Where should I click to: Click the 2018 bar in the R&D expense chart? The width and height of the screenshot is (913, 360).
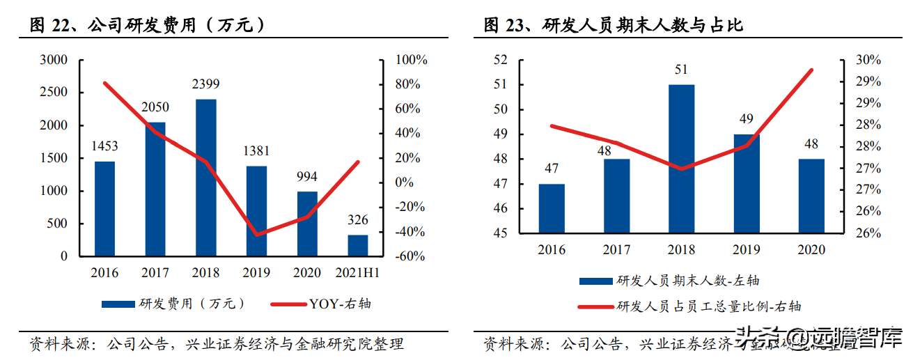coord(206,178)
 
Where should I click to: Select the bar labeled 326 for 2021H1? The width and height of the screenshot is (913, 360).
coord(358,245)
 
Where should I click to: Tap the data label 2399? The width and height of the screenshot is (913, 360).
coord(206,85)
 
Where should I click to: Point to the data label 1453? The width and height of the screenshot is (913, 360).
coord(105,146)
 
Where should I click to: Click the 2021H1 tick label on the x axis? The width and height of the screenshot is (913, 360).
coord(358,272)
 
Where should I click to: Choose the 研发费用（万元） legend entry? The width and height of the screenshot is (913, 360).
coord(174,304)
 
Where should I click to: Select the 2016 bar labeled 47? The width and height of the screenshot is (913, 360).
coord(552,209)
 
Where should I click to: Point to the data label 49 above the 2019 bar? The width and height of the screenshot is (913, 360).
coord(747,119)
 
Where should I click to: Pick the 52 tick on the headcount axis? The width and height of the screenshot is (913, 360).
coord(501,60)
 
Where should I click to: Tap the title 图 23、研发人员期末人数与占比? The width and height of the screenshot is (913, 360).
coord(614,26)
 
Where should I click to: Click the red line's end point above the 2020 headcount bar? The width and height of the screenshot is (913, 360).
coord(811,70)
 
